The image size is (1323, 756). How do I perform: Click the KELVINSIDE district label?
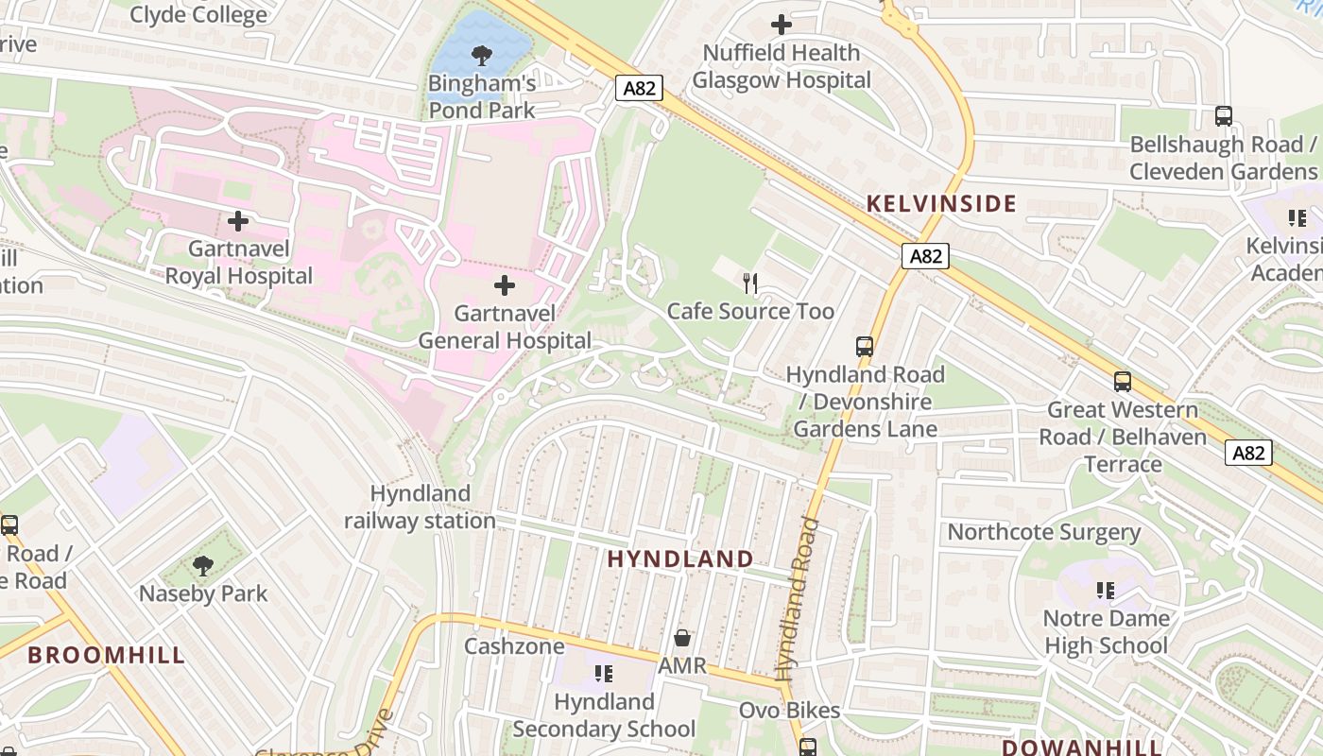[941, 203]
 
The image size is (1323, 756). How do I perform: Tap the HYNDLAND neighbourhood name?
[680, 558]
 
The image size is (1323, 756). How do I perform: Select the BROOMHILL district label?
[106, 655]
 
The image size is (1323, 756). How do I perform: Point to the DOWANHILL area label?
[1082, 747]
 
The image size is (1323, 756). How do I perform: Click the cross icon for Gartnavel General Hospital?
[505, 284]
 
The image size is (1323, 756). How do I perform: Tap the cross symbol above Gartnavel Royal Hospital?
[238, 221]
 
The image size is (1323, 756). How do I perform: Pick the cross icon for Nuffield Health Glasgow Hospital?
[782, 25]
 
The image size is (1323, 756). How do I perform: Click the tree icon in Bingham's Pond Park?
[482, 56]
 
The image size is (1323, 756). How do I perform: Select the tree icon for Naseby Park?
[202, 566]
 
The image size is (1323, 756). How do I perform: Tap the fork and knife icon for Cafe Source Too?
[750, 283]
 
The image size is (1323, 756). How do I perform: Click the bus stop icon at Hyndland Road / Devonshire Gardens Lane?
[865, 346]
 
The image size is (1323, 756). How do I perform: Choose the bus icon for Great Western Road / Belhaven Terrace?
[1123, 382]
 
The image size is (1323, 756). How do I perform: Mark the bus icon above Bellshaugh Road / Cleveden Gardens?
[1224, 116]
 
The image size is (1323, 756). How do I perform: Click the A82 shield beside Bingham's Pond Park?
[640, 88]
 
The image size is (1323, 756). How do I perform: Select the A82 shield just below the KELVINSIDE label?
[924, 256]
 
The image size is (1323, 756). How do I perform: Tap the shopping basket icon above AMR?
[682, 638]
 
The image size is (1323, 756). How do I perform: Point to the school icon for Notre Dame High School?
[1106, 591]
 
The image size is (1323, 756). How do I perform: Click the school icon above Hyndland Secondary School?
[604, 674]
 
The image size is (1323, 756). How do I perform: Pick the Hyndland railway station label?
[420, 507]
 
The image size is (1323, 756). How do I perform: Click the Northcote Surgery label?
[1043, 531]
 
